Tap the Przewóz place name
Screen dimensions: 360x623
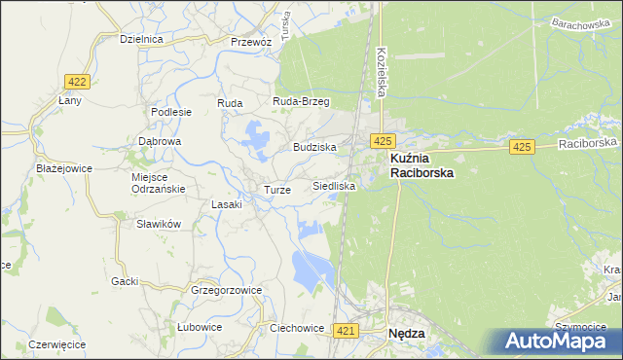click(250, 42)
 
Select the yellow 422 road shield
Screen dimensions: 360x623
click(77, 82)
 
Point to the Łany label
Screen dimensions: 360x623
click(70, 100)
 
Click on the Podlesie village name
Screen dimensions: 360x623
click(171, 112)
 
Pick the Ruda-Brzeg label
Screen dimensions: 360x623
click(302, 101)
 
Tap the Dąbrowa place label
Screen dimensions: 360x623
click(160, 141)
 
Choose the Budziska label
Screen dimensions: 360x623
click(314, 147)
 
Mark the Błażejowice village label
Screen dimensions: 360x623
click(63, 167)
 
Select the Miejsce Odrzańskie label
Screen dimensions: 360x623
click(157, 183)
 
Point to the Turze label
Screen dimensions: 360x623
click(277, 190)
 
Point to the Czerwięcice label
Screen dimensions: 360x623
click(57, 344)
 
